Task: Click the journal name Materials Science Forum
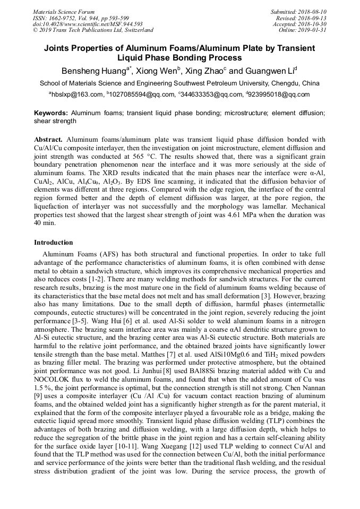click(64, 12)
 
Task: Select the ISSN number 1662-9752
click(67, 18)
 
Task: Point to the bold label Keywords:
click(51, 113)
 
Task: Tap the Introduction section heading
click(54, 243)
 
